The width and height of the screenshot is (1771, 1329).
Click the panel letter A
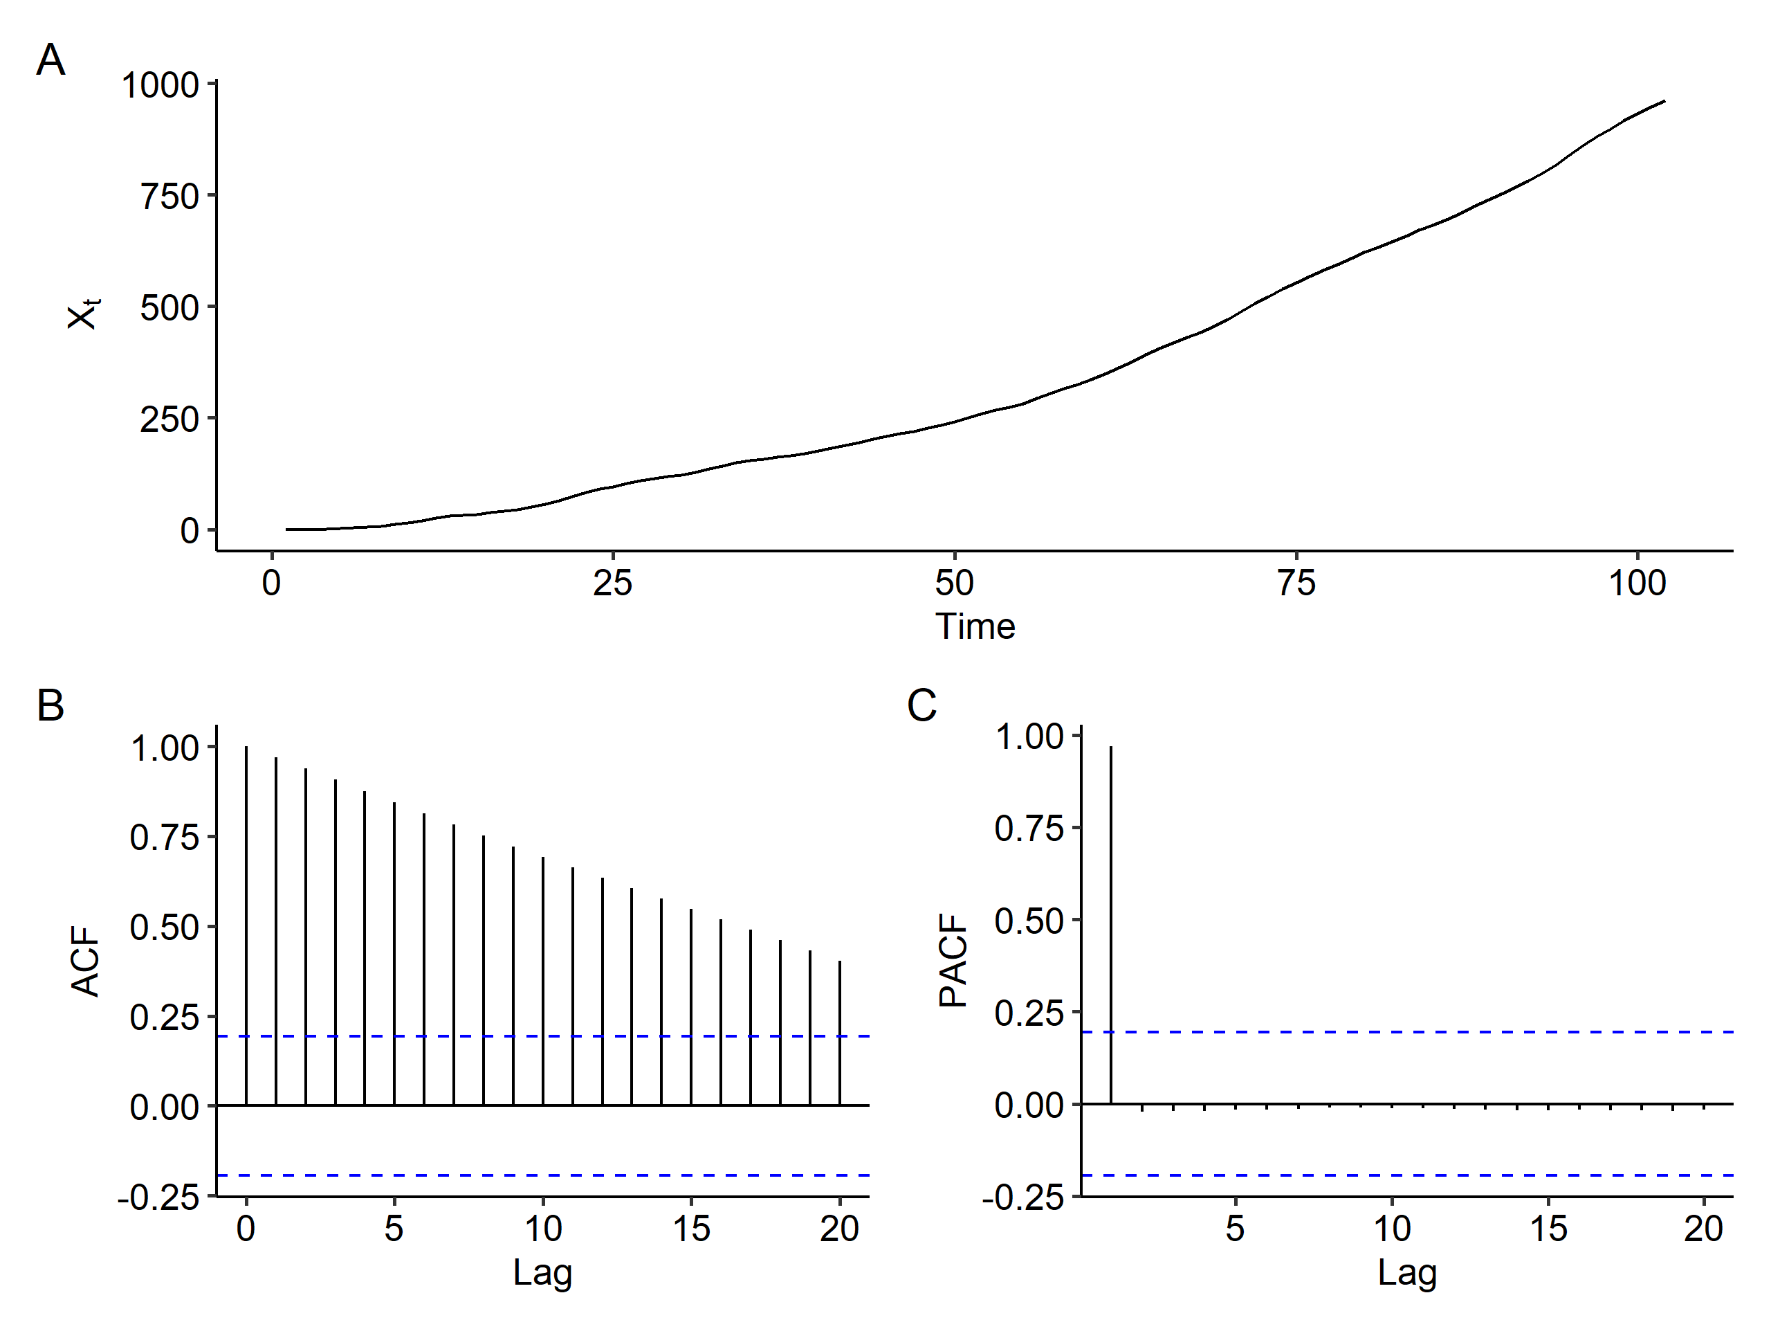click(51, 60)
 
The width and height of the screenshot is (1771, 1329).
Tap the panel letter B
click(51, 706)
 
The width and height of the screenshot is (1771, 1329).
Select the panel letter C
click(921, 706)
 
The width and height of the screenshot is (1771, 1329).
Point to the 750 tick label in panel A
click(169, 197)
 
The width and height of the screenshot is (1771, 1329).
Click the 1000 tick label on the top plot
click(159, 86)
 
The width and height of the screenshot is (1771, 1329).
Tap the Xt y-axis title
click(82, 314)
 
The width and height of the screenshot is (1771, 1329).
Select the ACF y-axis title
click(85, 961)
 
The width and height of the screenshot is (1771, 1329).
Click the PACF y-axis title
click(953, 961)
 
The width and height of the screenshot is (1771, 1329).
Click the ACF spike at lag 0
click(246, 925)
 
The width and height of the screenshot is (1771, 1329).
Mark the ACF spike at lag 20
click(840, 1033)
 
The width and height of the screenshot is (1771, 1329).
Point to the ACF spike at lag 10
click(543, 982)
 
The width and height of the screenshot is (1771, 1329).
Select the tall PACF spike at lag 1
click(1110, 925)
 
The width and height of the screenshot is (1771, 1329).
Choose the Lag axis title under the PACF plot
click(1406, 1272)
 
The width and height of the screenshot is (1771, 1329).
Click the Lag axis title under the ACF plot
click(542, 1272)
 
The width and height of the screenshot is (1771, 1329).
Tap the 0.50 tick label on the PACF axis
click(1029, 921)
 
